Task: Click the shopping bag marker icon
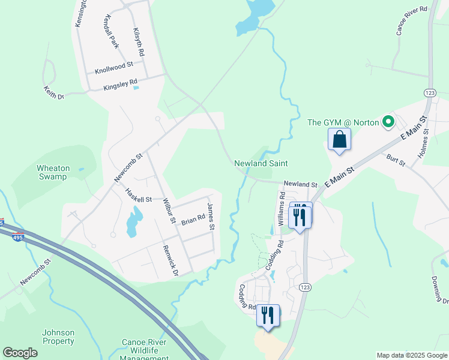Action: (339, 139)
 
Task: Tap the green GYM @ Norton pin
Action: (388, 122)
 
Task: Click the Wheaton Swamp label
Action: (53, 173)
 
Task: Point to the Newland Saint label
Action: (261, 163)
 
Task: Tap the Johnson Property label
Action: (58, 337)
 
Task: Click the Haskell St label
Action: (139, 195)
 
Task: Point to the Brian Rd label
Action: (193, 220)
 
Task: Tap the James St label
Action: (211, 216)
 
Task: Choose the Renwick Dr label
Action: (170, 260)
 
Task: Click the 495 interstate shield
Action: (18, 238)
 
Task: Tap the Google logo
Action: (20, 353)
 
